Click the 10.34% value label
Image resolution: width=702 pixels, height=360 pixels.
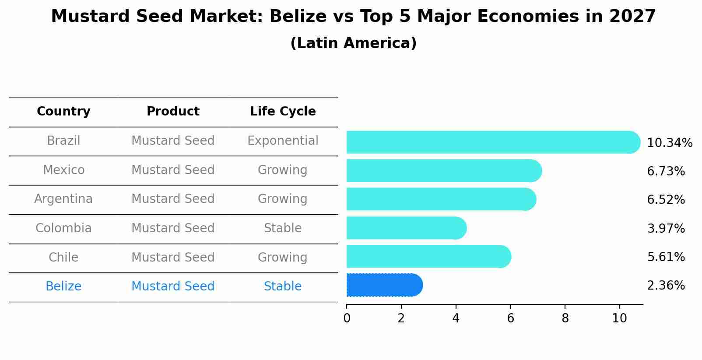669,143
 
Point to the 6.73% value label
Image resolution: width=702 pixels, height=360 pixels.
666,171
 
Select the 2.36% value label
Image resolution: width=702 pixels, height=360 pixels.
666,286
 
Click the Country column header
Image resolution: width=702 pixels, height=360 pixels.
63,112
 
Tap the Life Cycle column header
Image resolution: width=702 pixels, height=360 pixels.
283,112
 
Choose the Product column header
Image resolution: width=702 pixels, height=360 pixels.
173,112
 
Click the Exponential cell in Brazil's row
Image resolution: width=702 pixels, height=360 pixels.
283,141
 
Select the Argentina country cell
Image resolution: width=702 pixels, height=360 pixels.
63,199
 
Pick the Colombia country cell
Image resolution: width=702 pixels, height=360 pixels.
63,228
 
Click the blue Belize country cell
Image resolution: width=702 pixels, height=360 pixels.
63,287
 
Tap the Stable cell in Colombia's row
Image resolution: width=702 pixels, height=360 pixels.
283,228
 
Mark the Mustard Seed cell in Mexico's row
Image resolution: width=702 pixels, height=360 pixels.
173,170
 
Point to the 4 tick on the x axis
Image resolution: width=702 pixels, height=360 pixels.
456,318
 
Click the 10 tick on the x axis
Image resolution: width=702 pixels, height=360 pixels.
619,318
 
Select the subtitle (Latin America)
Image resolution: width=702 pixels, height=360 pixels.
353,43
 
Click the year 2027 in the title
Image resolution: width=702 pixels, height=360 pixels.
632,17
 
